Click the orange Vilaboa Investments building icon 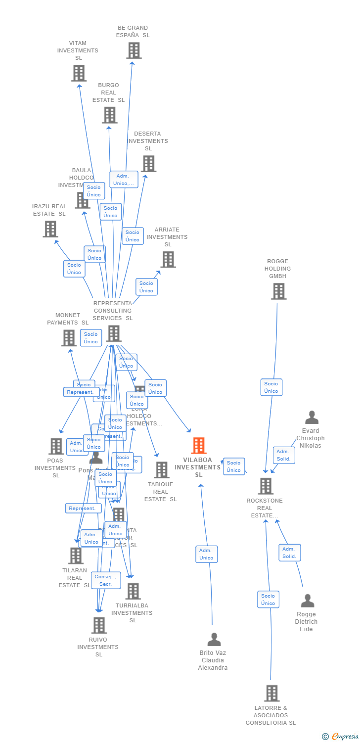click(198, 446)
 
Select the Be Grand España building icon click(134, 50)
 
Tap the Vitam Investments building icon click(79, 73)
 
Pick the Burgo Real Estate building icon click(109, 115)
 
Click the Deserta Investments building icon click(148, 164)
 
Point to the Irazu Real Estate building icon click(50, 229)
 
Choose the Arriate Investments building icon click(168, 259)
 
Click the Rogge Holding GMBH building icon click(278, 291)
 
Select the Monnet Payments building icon click(68, 338)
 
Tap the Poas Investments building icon click(56, 446)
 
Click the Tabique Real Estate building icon click(161, 470)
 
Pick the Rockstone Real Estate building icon click(266, 486)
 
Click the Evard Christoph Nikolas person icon click(312, 417)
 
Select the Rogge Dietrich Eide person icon click(307, 601)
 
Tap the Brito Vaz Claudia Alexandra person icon click(214, 640)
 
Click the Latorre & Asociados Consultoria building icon click(271, 694)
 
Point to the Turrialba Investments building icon click(133, 591)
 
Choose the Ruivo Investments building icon click(99, 625)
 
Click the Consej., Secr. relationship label click(106, 580)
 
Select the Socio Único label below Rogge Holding click(271, 387)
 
